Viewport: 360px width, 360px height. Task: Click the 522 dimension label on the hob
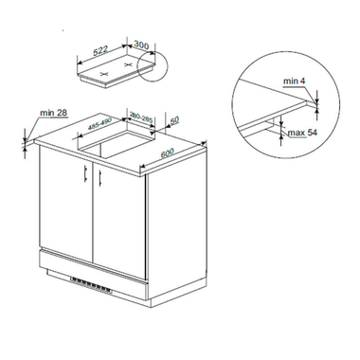[x=100, y=51]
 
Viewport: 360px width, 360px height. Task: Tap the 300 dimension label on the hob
[x=141, y=45]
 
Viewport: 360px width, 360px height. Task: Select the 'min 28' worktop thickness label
[x=53, y=113]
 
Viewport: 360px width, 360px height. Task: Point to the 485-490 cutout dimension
[x=100, y=123]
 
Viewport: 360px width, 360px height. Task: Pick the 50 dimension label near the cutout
[x=174, y=119]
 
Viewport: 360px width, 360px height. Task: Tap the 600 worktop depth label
[x=168, y=153]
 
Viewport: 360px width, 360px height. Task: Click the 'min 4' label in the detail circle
[x=294, y=81]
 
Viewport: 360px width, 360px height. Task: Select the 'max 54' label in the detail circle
[x=302, y=133]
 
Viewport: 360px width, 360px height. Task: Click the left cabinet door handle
[x=86, y=173]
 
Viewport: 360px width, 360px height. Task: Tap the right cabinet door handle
[x=99, y=178]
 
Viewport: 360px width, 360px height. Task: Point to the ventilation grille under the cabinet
[x=91, y=285]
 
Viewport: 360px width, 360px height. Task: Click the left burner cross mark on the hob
[x=104, y=74]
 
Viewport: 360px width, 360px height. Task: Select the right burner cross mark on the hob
[x=128, y=64]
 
